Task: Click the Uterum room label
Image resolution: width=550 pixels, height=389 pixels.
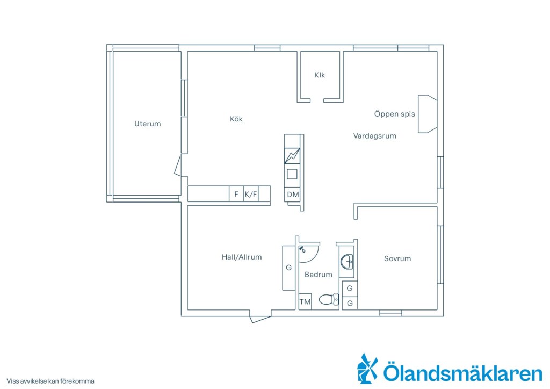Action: (x=147, y=124)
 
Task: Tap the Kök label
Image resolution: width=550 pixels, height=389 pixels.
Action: (x=236, y=119)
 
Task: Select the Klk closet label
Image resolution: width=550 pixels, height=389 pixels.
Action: (x=320, y=75)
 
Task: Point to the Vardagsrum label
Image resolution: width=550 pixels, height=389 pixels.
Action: (x=374, y=136)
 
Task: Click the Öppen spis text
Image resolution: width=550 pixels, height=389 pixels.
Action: (x=394, y=114)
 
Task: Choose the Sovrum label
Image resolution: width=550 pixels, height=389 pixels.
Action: (x=397, y=258)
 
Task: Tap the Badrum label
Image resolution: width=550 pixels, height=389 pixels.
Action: (x=318, y=275)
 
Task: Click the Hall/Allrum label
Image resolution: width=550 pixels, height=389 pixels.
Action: (x=242, y=257)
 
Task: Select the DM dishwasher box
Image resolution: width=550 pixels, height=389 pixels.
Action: (x=293, y=195)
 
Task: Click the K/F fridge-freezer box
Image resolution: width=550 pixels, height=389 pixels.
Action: (x=251, y=194)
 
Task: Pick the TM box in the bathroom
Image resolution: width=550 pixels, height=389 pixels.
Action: (x=305, y=301)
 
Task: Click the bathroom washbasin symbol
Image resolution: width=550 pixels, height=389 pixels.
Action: (x=346, y=262)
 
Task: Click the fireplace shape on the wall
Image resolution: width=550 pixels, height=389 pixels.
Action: (x=427, y=114)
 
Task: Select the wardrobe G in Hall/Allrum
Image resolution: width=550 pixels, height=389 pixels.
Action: (x=288, y=268)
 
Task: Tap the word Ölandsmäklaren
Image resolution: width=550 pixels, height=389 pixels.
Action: (x=462, y=373)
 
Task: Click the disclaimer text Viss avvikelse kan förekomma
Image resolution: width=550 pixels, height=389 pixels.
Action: (x=50, y=381)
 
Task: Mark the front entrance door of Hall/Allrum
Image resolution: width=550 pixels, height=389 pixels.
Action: (x=260, y=316)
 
